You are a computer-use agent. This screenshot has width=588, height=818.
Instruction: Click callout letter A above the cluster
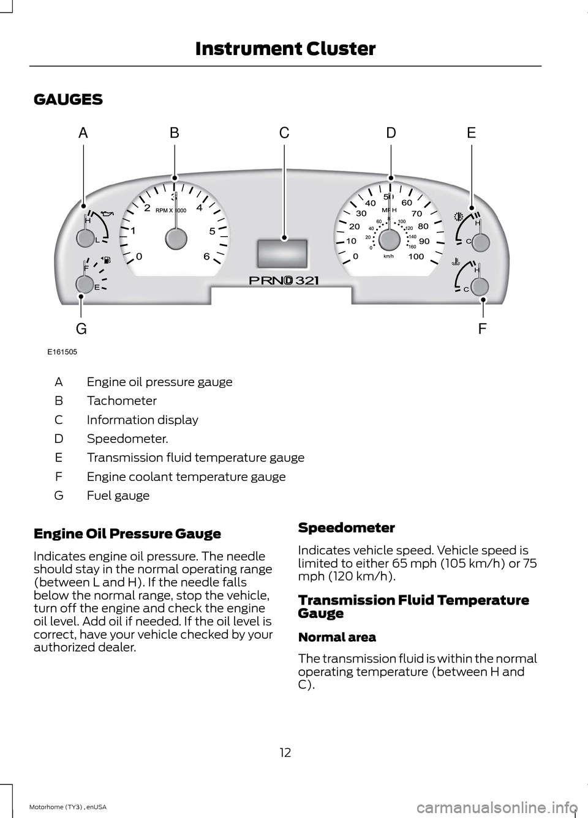83,133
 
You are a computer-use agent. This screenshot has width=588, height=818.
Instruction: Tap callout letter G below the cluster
81,329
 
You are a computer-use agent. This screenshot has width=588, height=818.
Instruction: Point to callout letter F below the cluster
482,329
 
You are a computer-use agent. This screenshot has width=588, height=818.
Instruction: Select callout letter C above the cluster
284,133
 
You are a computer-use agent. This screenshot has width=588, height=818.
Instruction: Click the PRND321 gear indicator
284,280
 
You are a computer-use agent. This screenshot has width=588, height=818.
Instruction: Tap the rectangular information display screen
284,251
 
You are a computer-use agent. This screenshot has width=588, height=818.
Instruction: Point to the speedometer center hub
390,239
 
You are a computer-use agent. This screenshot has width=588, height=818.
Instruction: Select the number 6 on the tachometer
207,257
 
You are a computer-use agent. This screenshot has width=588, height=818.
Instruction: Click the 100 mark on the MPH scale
416,256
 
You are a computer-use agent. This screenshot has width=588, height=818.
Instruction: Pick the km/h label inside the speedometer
388,256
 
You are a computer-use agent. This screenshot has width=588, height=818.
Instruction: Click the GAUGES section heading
69,100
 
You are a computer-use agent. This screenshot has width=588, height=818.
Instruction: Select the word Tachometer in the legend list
122,401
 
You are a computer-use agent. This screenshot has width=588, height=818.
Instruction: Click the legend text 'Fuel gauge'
118,496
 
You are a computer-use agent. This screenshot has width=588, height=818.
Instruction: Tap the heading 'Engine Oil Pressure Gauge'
127,534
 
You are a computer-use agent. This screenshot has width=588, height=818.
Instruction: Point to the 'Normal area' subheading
337,637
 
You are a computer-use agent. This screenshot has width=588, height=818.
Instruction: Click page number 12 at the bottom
285,753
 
